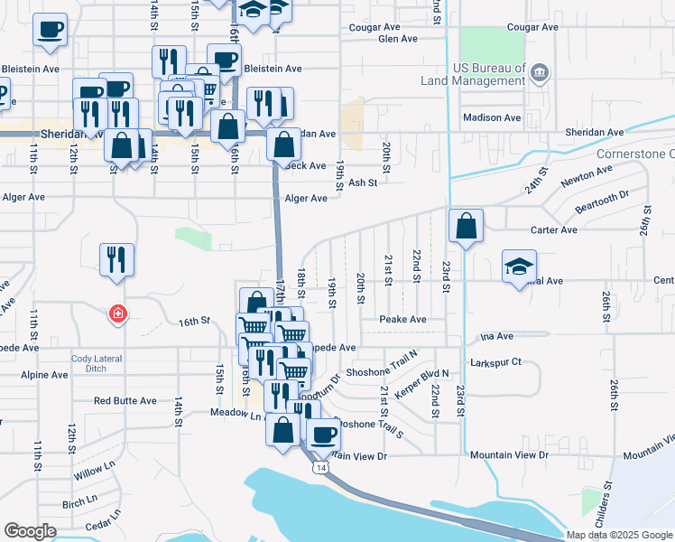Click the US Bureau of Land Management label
tap(473, 74)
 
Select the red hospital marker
tap(117, 315)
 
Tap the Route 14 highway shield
tap(320, 468)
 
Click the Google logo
tap(30, 531)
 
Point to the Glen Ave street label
tap(398, 40)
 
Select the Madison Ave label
tap(492, 118)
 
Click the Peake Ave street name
tap(402, 320)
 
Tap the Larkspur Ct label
tap(495, 362)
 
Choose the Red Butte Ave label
tap(125, 400)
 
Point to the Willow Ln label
tap(96, 472)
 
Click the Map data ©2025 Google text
tap(619, 535)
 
